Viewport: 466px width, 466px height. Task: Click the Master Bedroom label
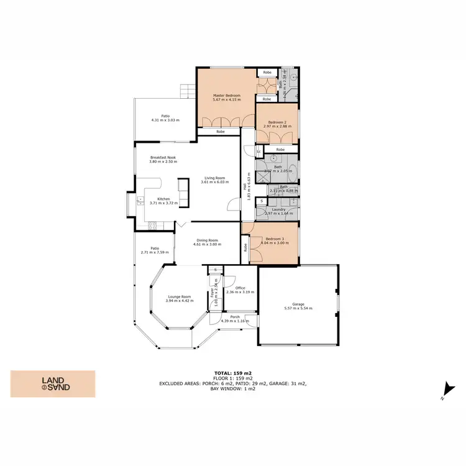226,95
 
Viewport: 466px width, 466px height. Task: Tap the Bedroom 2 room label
277,122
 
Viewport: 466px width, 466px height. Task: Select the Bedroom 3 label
275,239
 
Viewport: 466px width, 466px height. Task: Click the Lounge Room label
179,296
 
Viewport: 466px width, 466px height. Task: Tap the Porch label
235,317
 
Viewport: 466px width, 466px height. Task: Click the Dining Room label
207,240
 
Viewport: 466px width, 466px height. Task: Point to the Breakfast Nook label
163,158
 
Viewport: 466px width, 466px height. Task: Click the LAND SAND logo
53,384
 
